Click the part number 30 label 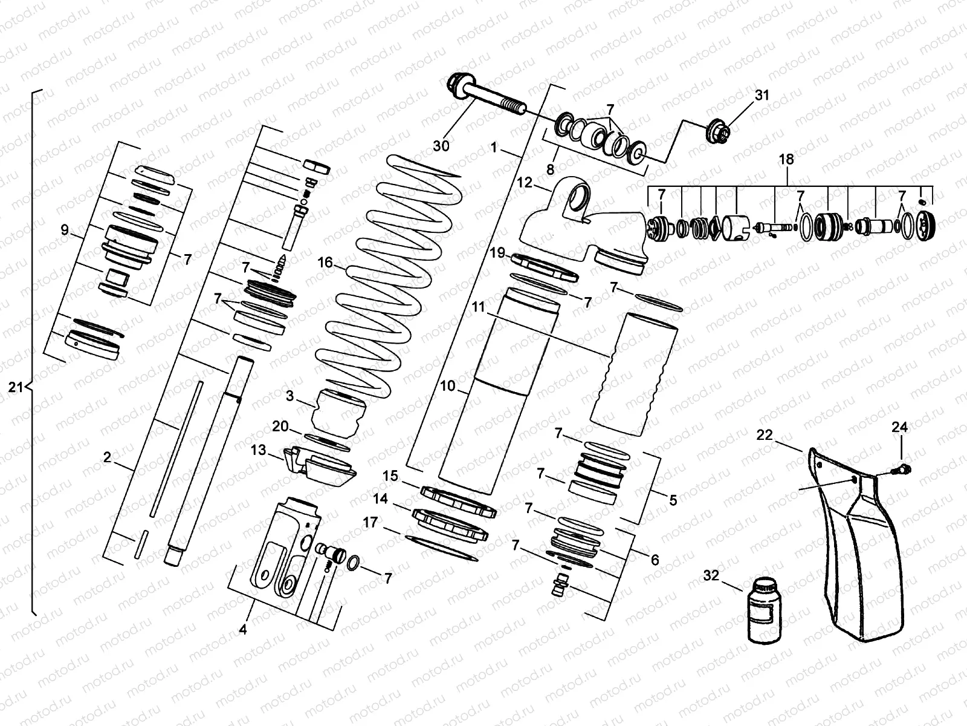click(441, 146)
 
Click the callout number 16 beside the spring click(325, 262)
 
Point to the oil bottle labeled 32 click(763, 609)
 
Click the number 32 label click(711, 575)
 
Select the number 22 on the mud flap click(765, 435)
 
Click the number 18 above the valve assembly click(787, 160)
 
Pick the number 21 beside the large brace click(16, 387)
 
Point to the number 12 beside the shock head click(525, 182)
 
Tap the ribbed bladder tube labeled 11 click(633, 375)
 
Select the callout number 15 click(391, 476)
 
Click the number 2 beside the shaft click(107, 457)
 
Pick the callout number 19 click(497, 253)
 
